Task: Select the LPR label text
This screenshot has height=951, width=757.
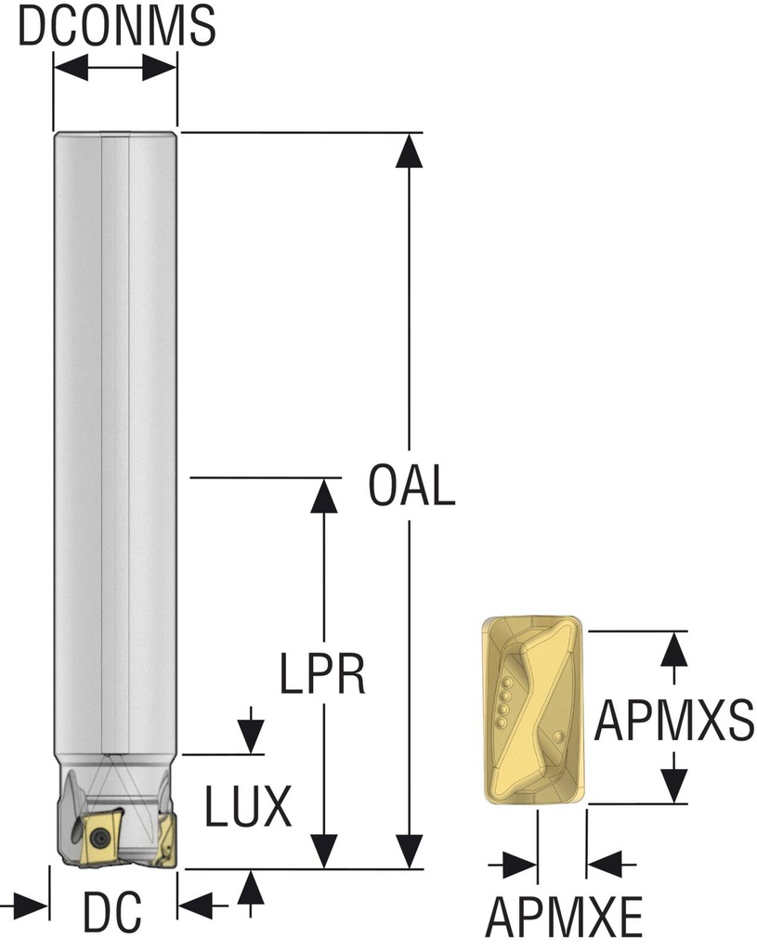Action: [x=323, y=675]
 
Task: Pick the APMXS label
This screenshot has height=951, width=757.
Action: [x=673, y=721]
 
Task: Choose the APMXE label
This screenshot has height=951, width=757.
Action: [x=564, y=918]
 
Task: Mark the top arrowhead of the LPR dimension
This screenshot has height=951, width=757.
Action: [x=323, y=496]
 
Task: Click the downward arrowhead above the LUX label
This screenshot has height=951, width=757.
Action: [x=248, y=737]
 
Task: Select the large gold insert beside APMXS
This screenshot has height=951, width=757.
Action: [x=531, y=710]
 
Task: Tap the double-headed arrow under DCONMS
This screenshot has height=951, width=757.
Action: [x=115, y=68]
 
